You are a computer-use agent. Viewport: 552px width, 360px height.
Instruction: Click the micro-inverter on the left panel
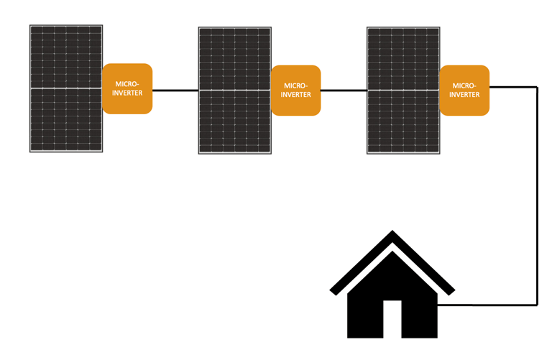(128, 88)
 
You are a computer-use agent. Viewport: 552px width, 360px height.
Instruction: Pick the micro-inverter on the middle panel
(295, 90)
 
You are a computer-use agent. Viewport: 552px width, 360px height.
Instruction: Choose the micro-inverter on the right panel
(464, 90)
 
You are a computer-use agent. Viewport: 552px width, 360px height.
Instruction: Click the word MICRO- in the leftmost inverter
(128, 84)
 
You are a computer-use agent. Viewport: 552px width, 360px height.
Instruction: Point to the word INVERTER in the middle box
(295, 95)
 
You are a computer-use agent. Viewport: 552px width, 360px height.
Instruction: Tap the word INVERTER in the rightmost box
(464, 95)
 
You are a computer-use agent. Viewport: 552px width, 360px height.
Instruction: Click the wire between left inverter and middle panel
(175, 91)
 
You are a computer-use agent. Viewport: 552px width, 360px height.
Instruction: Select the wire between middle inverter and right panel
(344, 91)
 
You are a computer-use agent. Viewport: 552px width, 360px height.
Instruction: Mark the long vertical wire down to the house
(537, 194)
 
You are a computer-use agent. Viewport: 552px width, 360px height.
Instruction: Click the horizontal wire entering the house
(489, 305)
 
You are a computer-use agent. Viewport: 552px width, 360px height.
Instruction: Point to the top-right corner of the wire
(537, 87)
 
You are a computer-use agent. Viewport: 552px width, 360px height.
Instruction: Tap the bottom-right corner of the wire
(537, 305)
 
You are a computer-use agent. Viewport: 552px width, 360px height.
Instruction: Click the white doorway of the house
(392, 319)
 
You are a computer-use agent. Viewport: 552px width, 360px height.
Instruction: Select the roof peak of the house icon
(392, 234)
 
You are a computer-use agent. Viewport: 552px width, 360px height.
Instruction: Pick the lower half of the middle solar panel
(235, 122)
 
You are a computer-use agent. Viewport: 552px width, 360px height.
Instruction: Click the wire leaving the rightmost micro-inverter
(512, 87)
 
